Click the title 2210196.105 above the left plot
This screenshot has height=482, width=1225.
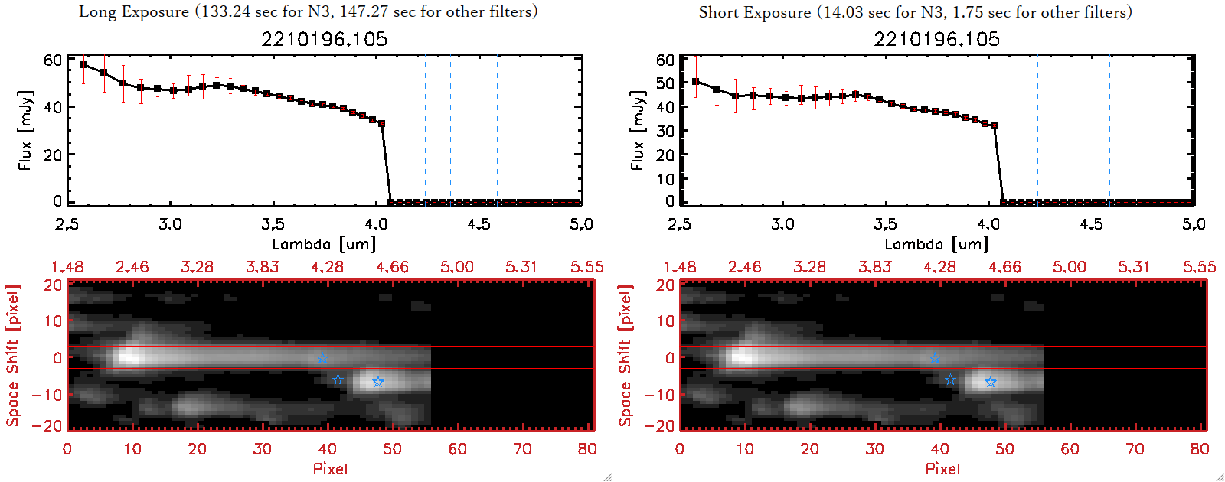point(324,39)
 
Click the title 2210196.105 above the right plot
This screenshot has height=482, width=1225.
point(936,39)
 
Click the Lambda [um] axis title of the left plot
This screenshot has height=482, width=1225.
point(324,244)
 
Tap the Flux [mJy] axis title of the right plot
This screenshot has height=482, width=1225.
point(637,130)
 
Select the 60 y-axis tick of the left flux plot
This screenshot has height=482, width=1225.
point(53,60)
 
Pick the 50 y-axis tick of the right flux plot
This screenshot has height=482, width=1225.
point(665,83)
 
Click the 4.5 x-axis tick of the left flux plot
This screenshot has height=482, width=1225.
point(479,224)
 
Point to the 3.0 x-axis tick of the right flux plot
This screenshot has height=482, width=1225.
point(782,224)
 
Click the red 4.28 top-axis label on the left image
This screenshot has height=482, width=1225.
point(327,267)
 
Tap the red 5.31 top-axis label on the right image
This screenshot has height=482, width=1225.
point(1134,267)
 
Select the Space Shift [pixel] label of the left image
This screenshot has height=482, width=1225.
point(12,356)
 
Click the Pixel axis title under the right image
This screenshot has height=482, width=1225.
point(942,468)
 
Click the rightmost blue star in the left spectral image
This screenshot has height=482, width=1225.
point(377,382)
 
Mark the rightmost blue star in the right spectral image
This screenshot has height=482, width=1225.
point(990,382)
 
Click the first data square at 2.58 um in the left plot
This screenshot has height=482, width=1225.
point(83,65)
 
